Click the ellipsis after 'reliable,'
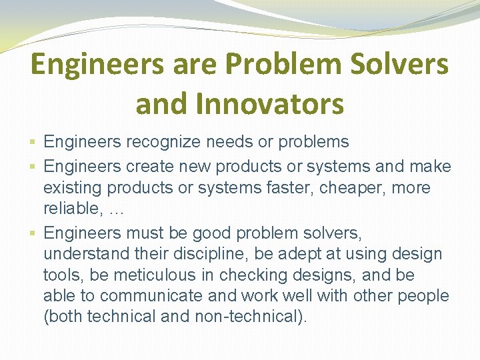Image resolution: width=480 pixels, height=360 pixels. click(x=117, y=211)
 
